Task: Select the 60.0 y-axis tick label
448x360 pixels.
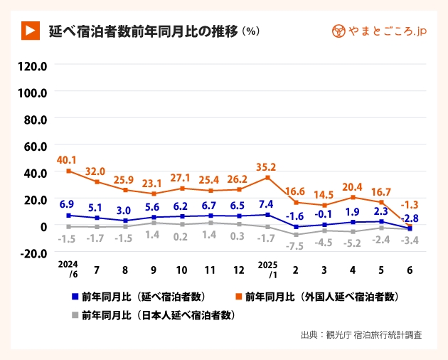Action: [x=33, y=146]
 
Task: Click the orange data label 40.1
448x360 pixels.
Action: [x=68, y=159]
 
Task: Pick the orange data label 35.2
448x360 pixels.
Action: [x=267, y=168]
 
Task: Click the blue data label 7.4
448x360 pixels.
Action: [x=267, y=203]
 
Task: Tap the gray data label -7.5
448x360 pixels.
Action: [x=296, y=245]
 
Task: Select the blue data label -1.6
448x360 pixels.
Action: [x=296, y=216]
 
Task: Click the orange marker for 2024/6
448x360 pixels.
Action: [x=69, y=171]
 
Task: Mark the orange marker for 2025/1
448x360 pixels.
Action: [x=267, y=178]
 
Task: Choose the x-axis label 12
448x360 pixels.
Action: [x=239, y=270]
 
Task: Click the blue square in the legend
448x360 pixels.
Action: [x=75, y=296]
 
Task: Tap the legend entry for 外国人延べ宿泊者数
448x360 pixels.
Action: [x=320, y=296]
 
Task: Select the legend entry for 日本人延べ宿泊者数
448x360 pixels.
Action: [x=156, y=314]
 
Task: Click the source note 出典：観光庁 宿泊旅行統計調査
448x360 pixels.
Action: [x=361, y=334]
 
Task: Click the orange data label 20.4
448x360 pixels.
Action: [x=353, y=187]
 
